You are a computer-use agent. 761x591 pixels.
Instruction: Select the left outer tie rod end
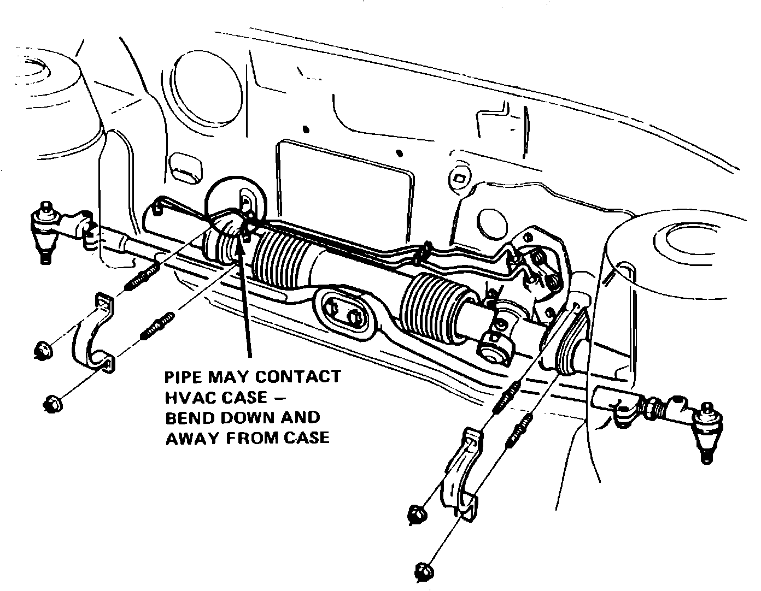tap(46, 229)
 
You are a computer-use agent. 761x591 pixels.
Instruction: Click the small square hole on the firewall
tap(459, 176)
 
